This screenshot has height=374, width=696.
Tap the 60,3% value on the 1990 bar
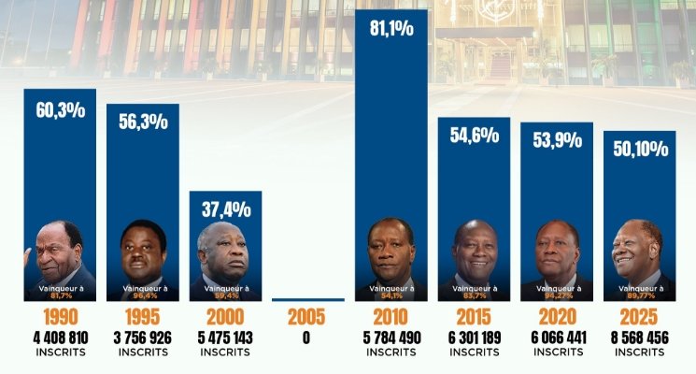(x=60, y=110)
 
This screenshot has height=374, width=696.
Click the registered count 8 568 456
(x=640, y=337)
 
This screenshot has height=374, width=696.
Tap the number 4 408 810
(x=60, y=337)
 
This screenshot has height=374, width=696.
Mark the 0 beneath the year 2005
(x=306, y=338)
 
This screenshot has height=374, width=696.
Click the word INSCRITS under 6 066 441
(x=557, y=352)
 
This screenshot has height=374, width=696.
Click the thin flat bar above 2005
(x=307, y=300)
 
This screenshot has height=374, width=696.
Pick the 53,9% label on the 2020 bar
(x=557, y=140)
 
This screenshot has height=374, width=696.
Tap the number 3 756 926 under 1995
(x=142, y=337)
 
